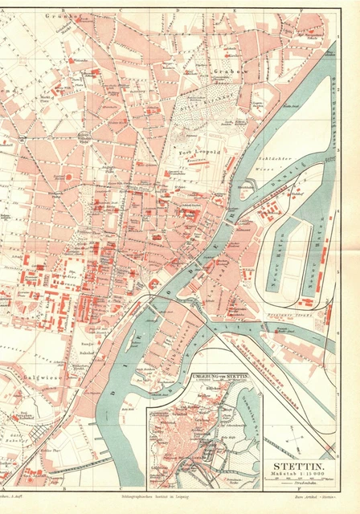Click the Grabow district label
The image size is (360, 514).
pyautogui.click(x=227, y=71)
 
